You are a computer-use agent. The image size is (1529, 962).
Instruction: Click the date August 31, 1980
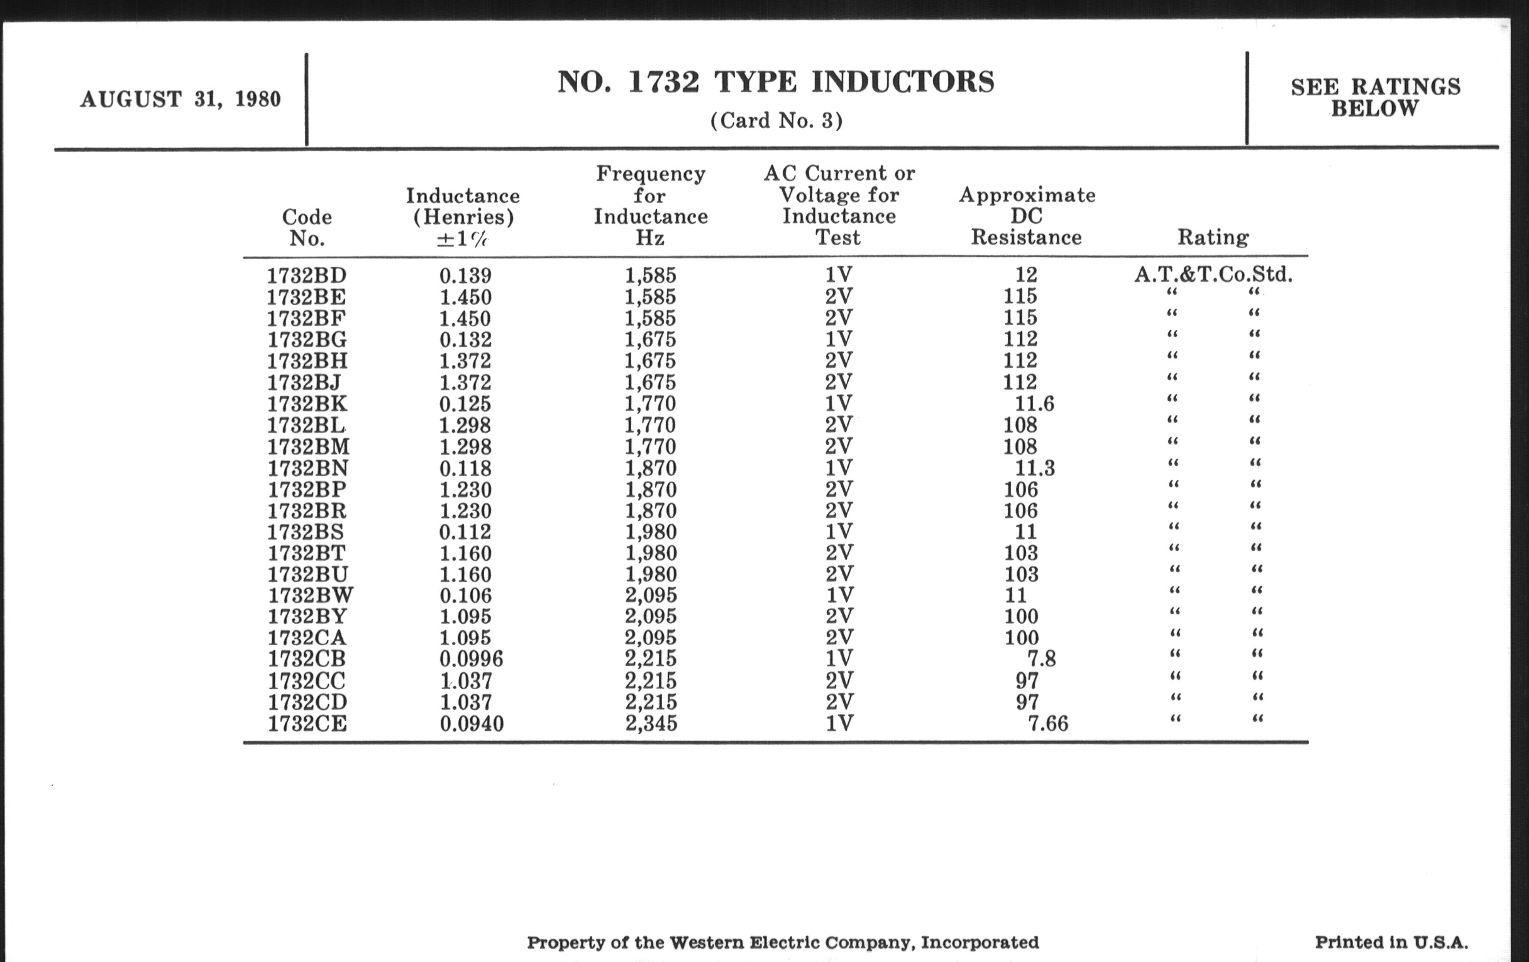coord(180,100)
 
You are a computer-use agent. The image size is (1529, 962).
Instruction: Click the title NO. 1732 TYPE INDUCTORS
coord(776,82)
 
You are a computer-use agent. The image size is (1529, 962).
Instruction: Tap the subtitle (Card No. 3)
coord(776,121)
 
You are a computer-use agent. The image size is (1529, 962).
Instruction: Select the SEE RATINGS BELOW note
coord(1376,97)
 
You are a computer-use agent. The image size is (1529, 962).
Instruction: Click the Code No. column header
coord(307,228)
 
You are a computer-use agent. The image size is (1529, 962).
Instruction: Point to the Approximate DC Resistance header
coord(1027,216)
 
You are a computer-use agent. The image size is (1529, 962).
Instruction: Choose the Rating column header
coord(1213,238)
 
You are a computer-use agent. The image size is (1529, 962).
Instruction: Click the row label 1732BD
coord(307,275)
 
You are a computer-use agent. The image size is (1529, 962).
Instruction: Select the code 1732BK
coord(307,404)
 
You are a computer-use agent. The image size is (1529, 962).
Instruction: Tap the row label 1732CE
coord(307,724)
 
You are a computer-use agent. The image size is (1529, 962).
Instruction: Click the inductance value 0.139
coord(465,275)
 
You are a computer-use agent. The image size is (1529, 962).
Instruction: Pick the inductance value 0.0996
coord(471,659)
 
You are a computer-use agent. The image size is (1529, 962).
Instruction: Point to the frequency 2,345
coord(651,723)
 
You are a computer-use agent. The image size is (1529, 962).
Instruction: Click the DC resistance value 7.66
coord(1047,723)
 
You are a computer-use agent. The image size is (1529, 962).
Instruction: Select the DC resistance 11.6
coord(1034,404)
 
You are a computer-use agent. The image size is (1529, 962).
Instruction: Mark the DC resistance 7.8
coord(1041,659)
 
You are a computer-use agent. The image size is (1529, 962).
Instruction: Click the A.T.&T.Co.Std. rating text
coord(1213,275)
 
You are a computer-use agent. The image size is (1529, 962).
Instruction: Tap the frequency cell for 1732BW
coord(651,595)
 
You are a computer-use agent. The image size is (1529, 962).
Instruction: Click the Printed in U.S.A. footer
coord(1391,943)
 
